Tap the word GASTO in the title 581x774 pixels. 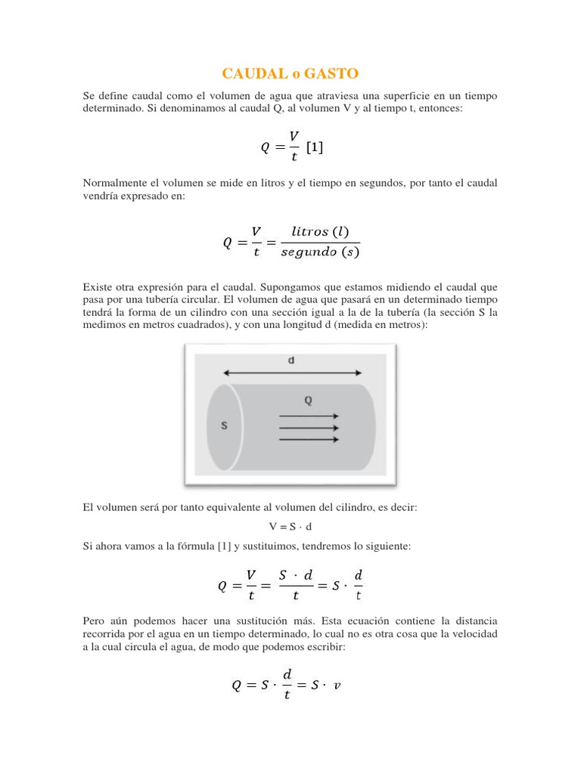click(332, 73)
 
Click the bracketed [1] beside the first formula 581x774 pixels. click(314, 147)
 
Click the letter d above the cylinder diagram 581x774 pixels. click(291, 361)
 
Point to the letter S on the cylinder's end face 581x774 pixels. click(224, 426)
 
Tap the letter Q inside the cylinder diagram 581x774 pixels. click(309, 401)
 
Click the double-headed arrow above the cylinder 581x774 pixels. click(291, 372)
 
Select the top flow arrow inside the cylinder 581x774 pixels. click(309, 415)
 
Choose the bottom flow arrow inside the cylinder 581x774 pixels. click(309, 440)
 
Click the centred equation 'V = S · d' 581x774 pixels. click(290, 527)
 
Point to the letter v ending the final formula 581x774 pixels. click(337, 686)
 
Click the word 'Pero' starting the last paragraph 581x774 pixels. click(93, 621)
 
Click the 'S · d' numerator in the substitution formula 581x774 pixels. click(296, 576)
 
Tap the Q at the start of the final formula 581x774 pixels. click(237, 686)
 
